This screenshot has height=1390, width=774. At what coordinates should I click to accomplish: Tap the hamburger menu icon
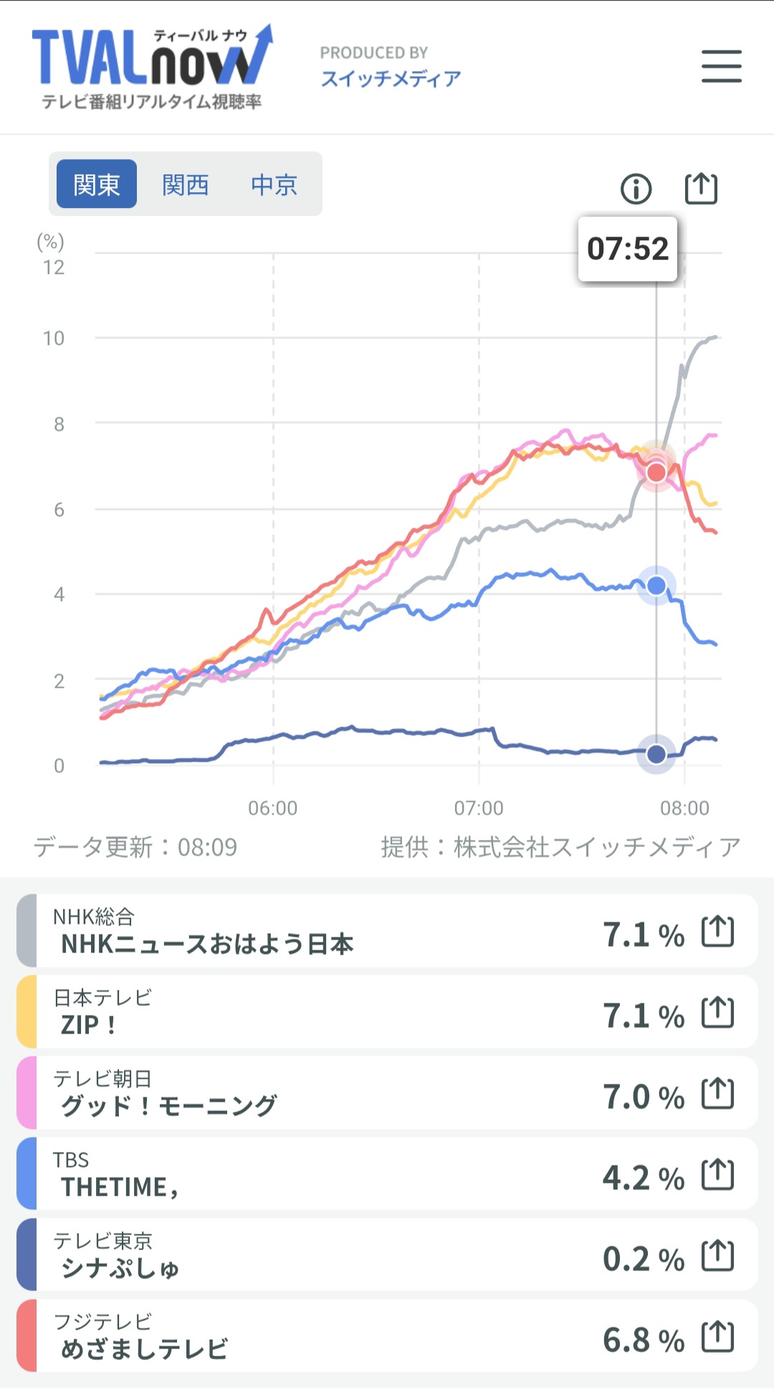[x=721, y=66]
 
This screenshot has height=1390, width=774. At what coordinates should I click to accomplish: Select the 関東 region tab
[x=97, y=184]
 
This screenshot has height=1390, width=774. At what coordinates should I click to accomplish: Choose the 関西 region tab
[x=185, y=184]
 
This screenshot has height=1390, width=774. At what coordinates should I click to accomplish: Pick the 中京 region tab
[x=274, y=184]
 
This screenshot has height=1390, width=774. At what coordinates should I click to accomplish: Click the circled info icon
[x=636, y=189]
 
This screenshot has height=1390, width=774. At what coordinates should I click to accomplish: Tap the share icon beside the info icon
[x=701, y=189]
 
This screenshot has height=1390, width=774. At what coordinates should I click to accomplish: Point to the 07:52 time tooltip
[x=628, y=249]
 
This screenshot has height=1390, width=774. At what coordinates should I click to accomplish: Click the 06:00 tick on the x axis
[x=272, y=808]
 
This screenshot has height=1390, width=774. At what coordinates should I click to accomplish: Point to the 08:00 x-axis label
[x=684, y=808]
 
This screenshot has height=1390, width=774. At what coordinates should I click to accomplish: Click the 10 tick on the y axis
[x=54, y=339]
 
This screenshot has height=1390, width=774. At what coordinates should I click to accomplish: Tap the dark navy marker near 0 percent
[x=656, y=754]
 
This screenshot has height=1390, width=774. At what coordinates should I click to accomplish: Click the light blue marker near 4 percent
[x=656, y=586]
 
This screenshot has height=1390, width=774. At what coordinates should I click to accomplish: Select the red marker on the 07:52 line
[x=656, y=473]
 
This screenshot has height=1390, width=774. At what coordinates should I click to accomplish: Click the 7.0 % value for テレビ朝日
[x=643, y=1097]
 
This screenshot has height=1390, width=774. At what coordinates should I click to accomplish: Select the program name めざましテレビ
[x=144, y=1349]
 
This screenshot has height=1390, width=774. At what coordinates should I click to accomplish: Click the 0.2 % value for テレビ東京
[x=643, y=1259]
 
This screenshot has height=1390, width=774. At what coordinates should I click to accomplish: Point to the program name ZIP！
[x=88, y=1025]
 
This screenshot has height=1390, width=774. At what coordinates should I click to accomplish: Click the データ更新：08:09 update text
[x=135, y=847]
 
